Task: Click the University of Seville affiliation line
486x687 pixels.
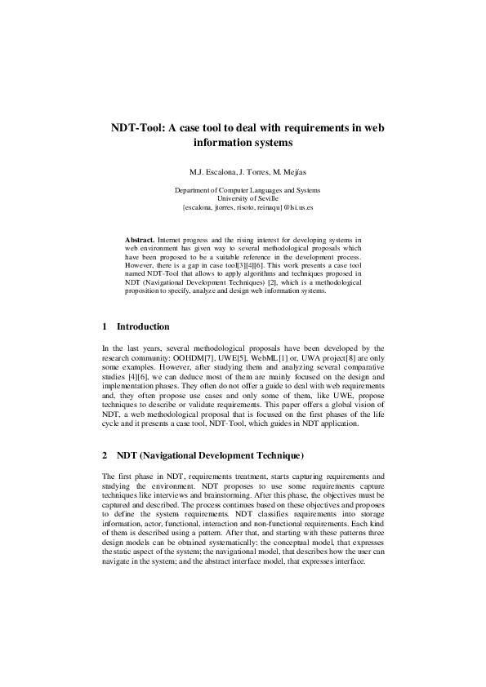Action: click(x=247, y=198)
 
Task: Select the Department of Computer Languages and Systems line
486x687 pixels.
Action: click(x=247, y=189)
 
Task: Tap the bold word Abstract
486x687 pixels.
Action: click(x=140, y=240)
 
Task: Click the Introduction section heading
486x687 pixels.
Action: click(x=143, y=327)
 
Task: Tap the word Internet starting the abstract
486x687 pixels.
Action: click(x=170, y=240)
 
